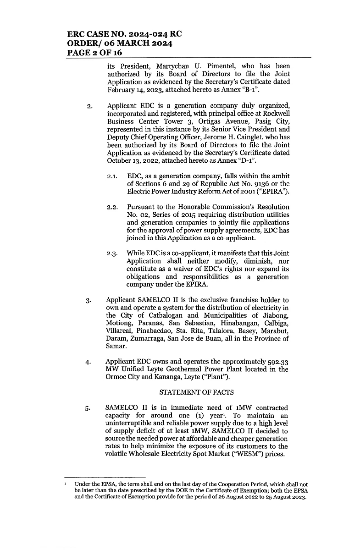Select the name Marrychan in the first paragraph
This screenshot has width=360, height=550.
tap(156, 65)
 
